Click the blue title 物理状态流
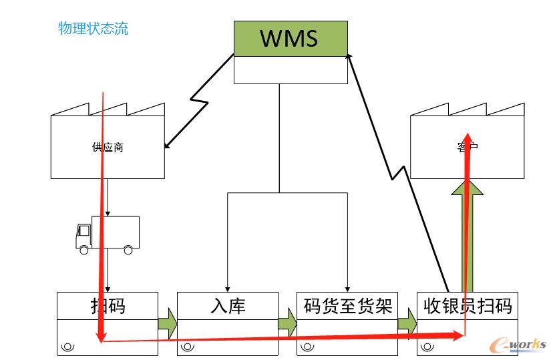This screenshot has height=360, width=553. (x=93, y=29)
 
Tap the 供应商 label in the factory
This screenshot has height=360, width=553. (x=108, y=147)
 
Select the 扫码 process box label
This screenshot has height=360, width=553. (x=108, y=306)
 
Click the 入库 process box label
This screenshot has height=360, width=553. (x=227, y=306)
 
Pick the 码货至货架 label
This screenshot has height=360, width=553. (x=347, y=306)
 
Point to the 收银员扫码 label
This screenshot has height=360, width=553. (x=468, y=306)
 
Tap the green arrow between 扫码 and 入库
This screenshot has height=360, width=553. (x=168, y=323)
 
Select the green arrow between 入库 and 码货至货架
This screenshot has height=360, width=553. (x=287, y=323)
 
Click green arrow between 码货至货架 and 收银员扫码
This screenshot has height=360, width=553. (x=407, y=323)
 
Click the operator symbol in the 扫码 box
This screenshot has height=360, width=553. (x=67, y=347)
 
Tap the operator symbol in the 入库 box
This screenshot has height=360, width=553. (x=188, y=347)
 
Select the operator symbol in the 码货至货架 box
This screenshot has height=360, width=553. (x=308, y=347)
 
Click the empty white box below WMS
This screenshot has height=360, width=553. (x=291, y=69)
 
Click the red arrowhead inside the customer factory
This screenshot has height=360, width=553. (x=468, y=137)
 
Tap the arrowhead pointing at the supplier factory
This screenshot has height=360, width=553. (x=168, y=144)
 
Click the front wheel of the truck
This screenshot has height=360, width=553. (x=83, y=250)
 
